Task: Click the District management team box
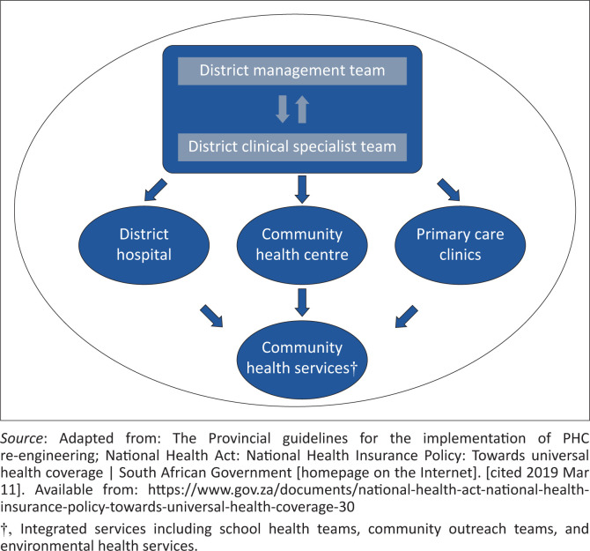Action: (x=292, y=71)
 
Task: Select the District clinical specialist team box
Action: (x=292, y=147)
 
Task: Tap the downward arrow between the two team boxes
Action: (x=283, y=109)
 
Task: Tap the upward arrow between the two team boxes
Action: (x=302, y=109)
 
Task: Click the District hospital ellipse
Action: (x=144, y=245)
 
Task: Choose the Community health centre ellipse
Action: (x=302, y=245)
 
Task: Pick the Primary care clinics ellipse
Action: (x=460, y=245)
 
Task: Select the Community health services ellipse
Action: (x=302, y=360)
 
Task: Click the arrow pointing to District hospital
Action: (x=155, y=190)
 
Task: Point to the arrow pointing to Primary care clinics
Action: (x=448, y=190)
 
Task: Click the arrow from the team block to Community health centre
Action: (x=302, y=190)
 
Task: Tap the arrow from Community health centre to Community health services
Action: (x=302, y=302)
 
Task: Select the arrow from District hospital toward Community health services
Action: (x=211, y=316)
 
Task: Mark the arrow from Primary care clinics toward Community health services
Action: (x=406, y=316)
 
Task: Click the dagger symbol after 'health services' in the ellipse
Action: (x=353, y=369)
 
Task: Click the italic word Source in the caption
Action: (x=21, y=438)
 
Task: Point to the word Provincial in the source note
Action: (x=240, y=438)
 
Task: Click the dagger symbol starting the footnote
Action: (x=4, y=530)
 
